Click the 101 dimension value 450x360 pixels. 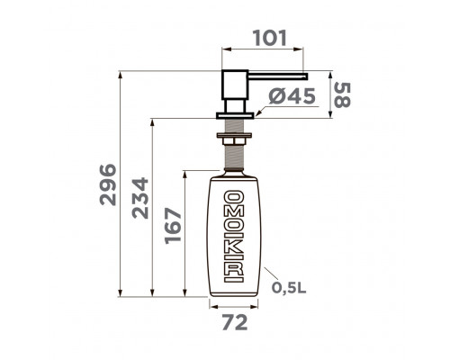click(270, 38)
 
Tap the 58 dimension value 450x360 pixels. click(342, 95)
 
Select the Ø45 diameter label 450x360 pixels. click(292, 96)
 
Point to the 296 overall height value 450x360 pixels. click(108, 184)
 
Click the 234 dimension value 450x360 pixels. click(140, 198)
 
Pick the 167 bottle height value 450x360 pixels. click(174, 226)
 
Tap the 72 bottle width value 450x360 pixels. click(235, 322)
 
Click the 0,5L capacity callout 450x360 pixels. click(289, 288)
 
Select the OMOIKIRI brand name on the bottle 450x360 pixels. click(234, 237)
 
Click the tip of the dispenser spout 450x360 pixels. click(307, 76)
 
